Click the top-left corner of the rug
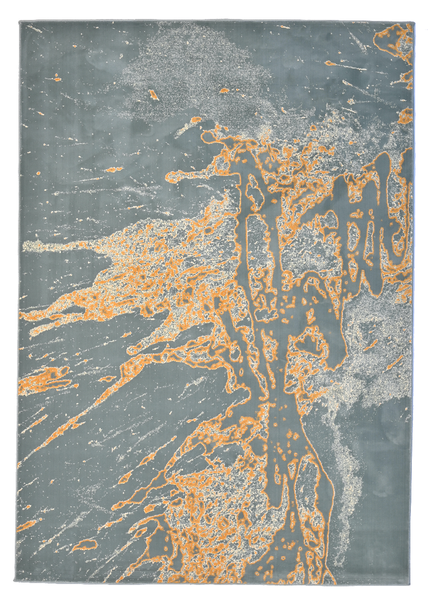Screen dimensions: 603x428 click(20, 22)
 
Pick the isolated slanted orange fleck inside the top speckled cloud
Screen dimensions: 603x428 click(153, 94)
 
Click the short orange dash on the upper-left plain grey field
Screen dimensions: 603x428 click(113, 169)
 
